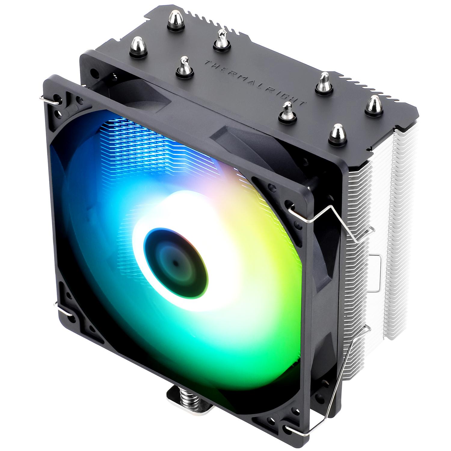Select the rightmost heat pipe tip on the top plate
(x=373, y=105)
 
